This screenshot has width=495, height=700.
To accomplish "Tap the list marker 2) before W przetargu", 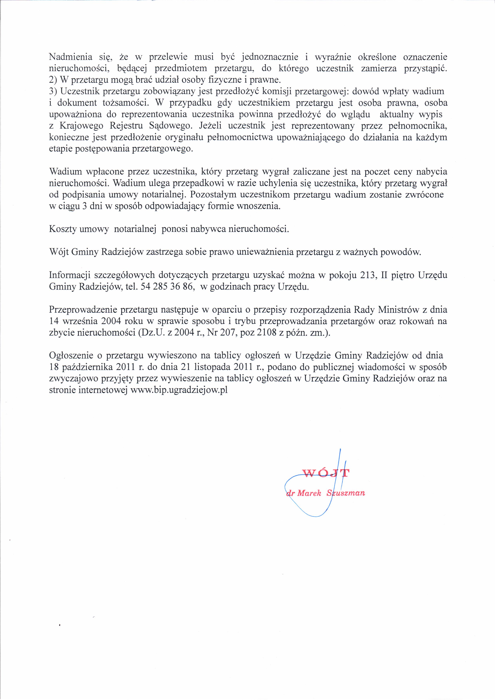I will (x=53, y=80).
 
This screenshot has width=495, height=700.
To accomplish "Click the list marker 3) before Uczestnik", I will (x=53, y=91).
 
